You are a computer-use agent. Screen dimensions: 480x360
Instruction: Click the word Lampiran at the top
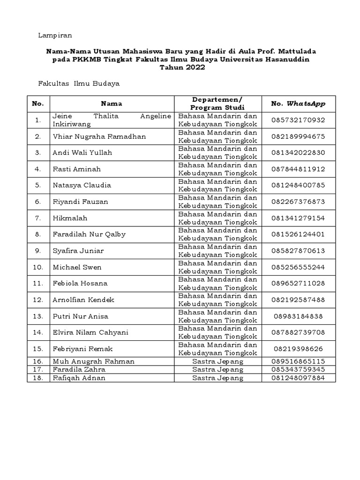pyautogui.click(x=54, y=36)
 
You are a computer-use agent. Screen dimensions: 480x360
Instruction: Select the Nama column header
pyautogui.click(x=112, y=104)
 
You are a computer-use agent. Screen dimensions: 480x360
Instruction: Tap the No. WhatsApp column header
pyautogui.click(x=298, y=104)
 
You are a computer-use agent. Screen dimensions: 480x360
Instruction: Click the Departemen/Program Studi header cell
pyautogui.click(x=217, y=104)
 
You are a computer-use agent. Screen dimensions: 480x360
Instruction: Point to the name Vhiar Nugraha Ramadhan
pyautogui.click(x=99, y=136)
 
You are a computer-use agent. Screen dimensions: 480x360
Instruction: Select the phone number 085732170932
pyautogui.click(x=298, y=120)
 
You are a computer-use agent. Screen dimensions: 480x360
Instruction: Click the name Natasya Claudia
pyautogui.click(x=82, y=185)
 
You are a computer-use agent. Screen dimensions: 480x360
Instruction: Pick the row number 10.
pyautogui.click(x=38, y=267)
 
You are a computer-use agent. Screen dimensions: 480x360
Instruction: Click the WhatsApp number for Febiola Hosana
pyautogui.click(x=298, y=283)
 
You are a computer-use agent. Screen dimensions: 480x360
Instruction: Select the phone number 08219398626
pyautogui.click(x=298, y=349)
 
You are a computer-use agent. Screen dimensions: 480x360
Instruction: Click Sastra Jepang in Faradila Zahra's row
pyautogui.click(x=217, y=369)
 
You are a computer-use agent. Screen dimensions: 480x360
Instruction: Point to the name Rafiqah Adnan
pyautogui.click(x=79, y=378)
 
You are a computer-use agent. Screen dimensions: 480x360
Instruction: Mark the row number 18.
pyautogui.click(x=38, y=378)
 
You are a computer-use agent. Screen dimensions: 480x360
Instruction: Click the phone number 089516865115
pyautogui.click(x=298, y=361)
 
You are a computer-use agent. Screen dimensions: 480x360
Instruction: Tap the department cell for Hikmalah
pyautogui.click(x=217, y=218)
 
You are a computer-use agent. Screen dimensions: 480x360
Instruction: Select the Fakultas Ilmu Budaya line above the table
pyautogui.click(x=78, y=83)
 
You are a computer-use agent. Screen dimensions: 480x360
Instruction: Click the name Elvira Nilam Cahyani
pyautogui.click(x=90, y=332)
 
